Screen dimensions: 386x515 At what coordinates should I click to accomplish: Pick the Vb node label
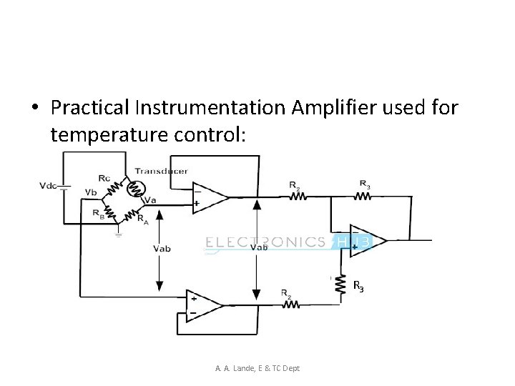(x=90, y=192)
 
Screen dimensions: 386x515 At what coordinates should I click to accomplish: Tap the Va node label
(x=150, y=200)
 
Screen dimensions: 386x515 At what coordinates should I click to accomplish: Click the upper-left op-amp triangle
(x=208, y=196)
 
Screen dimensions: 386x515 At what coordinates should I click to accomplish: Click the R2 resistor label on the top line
(x=294, y=184)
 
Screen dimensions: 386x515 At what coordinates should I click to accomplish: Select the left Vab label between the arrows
(x=162, y=248)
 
